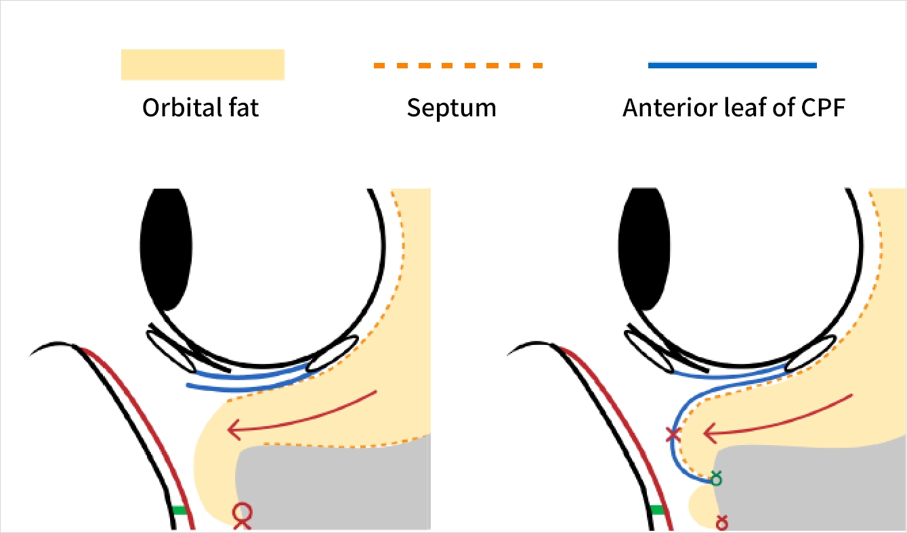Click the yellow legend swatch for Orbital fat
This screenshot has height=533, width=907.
(202, 64)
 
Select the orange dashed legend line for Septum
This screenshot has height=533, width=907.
(458, 66)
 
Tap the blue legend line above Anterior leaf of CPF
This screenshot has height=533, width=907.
(732, 65)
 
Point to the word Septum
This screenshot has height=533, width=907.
(451, 108)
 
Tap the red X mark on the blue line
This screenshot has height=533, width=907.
(673, 435)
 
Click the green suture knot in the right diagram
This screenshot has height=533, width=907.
(715, 479)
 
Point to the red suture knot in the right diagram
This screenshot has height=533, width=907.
(722, 522)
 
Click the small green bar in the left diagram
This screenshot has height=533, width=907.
(179, 510)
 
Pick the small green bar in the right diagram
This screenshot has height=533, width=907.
(656, 510)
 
